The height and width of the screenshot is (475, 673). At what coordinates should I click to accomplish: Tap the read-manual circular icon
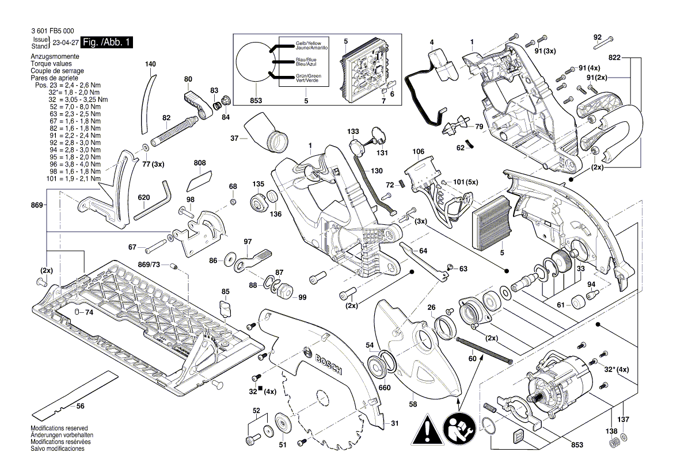pos(458,428)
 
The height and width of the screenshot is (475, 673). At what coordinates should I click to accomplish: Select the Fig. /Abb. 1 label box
pos(107,43)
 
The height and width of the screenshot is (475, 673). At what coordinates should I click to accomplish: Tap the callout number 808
pos(200,163)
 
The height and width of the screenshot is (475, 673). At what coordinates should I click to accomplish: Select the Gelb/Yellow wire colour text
pos(308,44)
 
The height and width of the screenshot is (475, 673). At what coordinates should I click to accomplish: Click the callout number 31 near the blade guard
pos(394,423)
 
